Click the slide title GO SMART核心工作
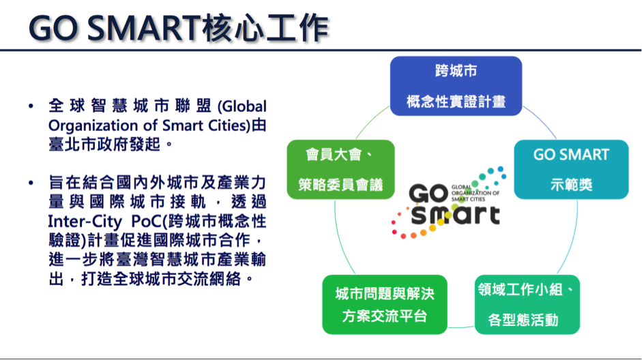coord(179,28)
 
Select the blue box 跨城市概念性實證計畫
coord(456,86)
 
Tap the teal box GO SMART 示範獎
coord(571,169)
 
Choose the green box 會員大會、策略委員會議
coord(340,169)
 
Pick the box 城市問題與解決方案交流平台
coord(385,304)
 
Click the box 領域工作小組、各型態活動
coord(527,304)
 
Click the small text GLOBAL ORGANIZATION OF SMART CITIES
coord(475,193)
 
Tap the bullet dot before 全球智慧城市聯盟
coord(31,106)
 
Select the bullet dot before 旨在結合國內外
coord(31,183)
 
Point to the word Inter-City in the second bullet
coord(85,222)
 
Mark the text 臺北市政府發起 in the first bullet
coord(104,145)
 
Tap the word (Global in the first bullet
coord(242,106)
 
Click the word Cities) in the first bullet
coord(229,125)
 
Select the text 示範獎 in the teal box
coord(571,185)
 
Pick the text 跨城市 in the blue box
coord(456,71)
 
